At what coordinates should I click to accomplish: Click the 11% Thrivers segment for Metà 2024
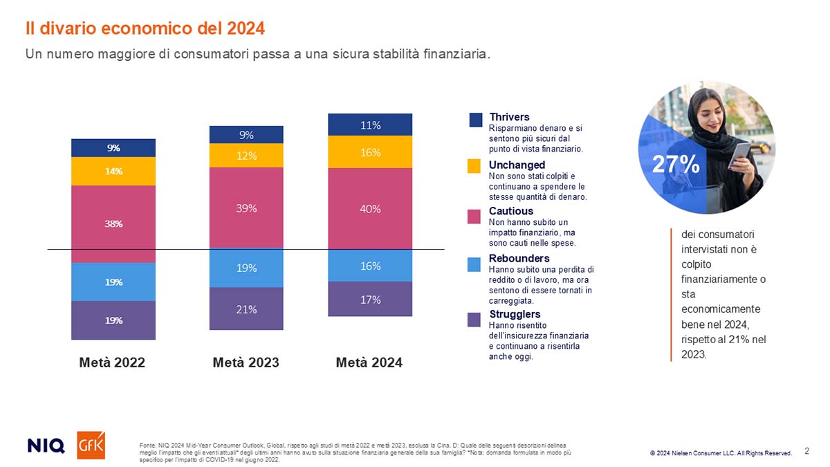click(370, 125)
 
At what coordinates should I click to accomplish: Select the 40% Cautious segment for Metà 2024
click(370, 208)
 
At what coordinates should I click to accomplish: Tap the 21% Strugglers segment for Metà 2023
click(246, 309)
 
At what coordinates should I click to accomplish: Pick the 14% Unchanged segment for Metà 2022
click(113, 171)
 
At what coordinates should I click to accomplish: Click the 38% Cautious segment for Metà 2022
click(113, 223)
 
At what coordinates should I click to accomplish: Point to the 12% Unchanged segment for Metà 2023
click(246, 156)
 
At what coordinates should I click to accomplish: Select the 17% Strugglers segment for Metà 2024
click(370, 299)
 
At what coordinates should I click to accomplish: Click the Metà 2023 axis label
click(246, 362)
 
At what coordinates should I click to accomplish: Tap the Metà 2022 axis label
click(112, 362)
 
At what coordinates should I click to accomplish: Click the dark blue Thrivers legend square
click(475, 120)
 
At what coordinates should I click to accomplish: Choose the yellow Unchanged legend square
click(474, 166)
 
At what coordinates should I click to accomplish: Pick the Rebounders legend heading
click(519, 258)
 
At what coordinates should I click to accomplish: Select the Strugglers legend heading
click(515, 314)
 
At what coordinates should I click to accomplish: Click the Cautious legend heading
click(511, 210)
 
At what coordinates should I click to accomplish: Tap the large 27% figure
click(676, 164)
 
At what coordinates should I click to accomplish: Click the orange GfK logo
click(91, 445)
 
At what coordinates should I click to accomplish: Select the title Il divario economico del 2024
click(145, 28)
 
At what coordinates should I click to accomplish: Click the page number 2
click(806, 451)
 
